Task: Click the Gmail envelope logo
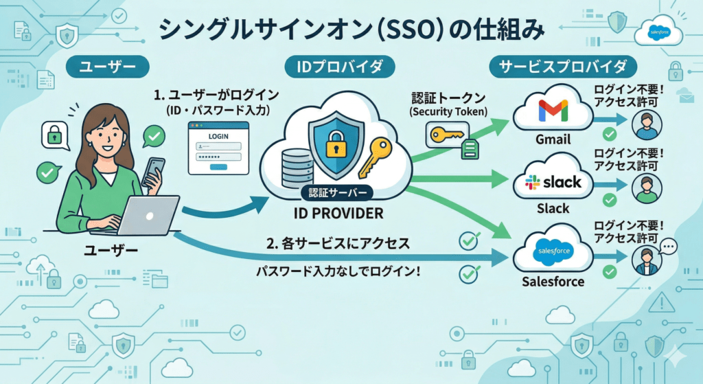(x=553, y=111)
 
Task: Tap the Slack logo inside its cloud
(x=553, y=182)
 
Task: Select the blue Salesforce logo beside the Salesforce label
(x=553, y=252)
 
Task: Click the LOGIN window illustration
(x=218, y=147)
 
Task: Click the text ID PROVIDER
(x=338, y=214)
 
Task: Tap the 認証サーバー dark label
(x=338, y=193)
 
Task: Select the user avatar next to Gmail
(x=646, y=124)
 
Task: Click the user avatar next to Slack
(x=646, y=188)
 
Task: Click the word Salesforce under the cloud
(x=553, y=282)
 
